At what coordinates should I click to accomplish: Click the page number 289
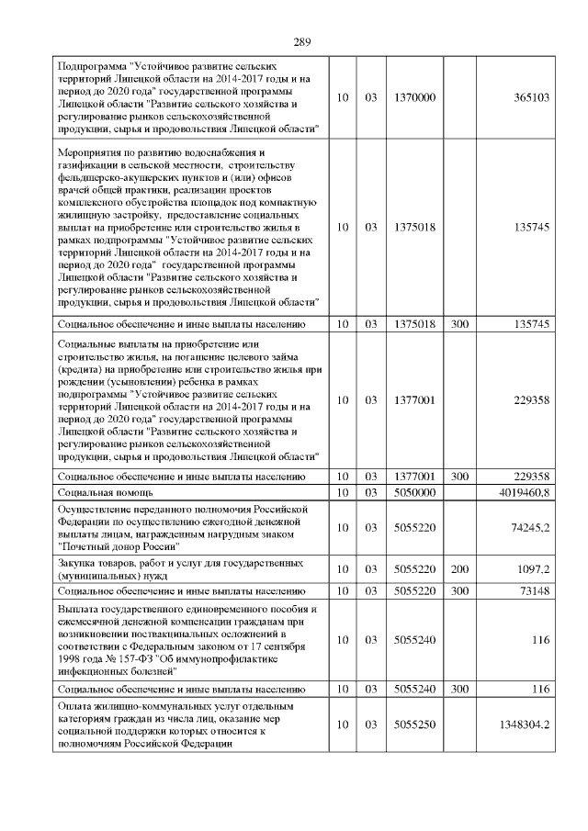click(302, 41)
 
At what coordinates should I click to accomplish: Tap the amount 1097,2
click(531, 569)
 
